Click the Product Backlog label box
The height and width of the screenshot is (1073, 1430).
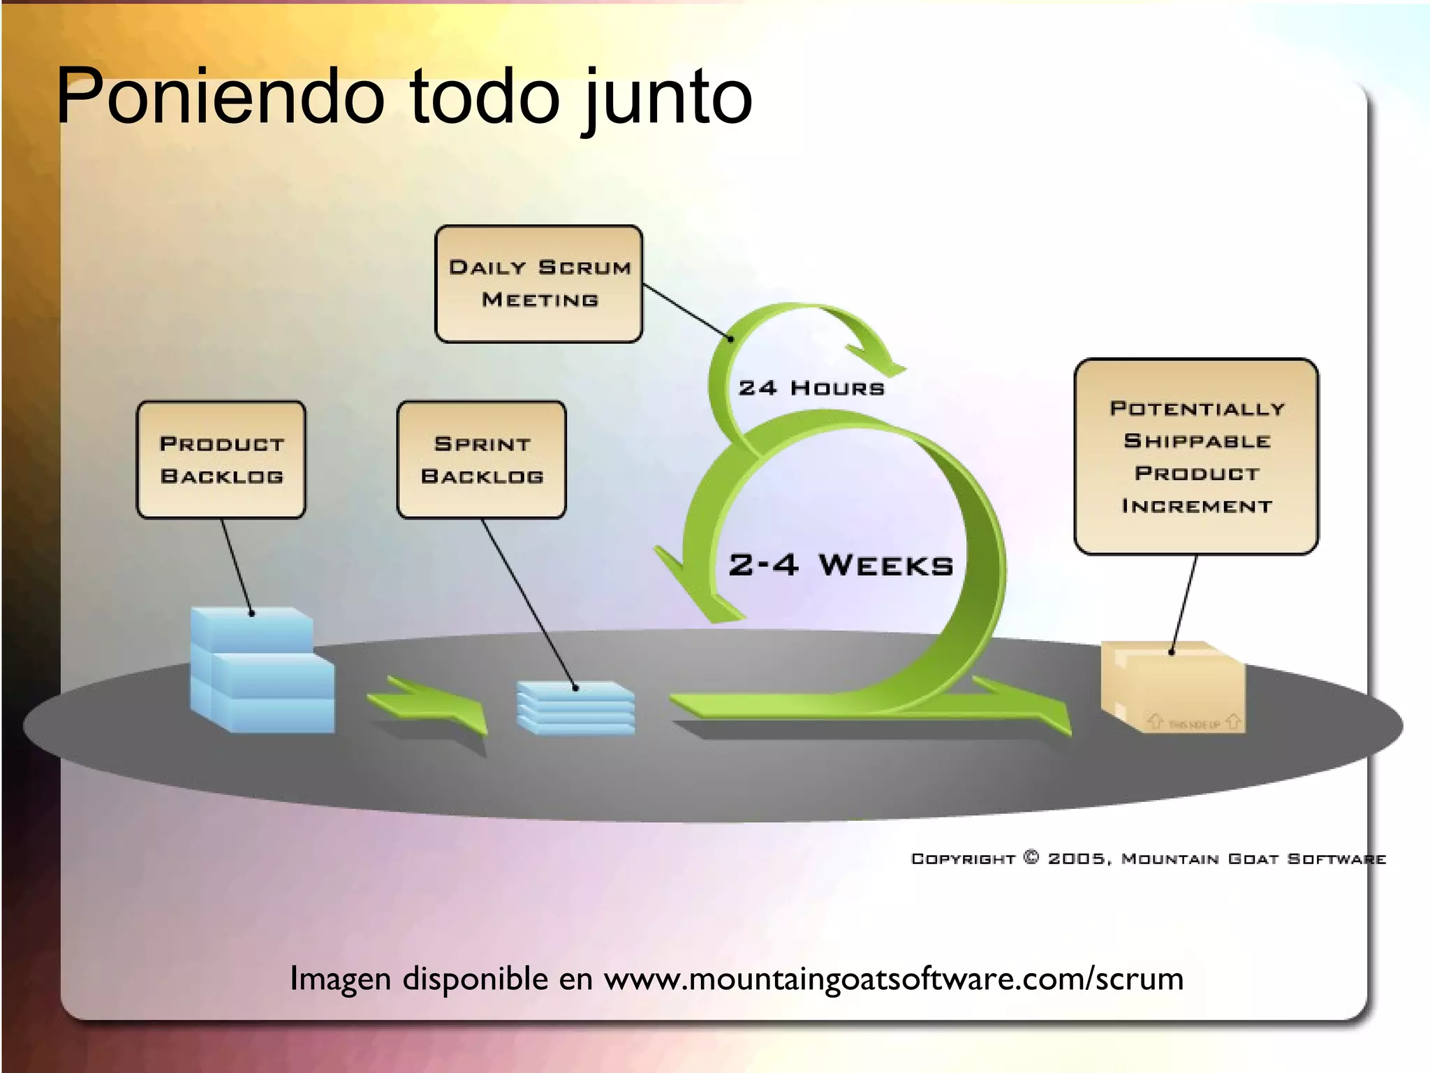click(221, 460)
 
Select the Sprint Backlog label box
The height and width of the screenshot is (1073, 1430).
click(482, 460)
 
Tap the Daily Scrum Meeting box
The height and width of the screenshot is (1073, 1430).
click(539, 284)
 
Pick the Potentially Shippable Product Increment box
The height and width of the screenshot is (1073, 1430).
click(1196, 456)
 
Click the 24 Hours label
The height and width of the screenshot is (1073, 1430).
click(811, 388)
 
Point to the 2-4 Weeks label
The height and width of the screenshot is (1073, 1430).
click(841, 565)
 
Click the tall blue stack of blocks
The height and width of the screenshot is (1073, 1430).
click(261, 671)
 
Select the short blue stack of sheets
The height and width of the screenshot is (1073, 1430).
click(576, 708)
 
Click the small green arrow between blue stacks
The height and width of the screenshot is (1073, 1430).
click(427, 704)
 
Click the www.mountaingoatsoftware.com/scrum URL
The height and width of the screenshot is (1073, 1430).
click(894, 979)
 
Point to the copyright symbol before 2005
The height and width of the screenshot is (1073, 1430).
click(1031, 857)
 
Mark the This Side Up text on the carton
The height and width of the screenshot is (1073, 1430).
click(1194, 724)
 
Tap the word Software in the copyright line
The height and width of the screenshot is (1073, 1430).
click(1336, 859)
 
